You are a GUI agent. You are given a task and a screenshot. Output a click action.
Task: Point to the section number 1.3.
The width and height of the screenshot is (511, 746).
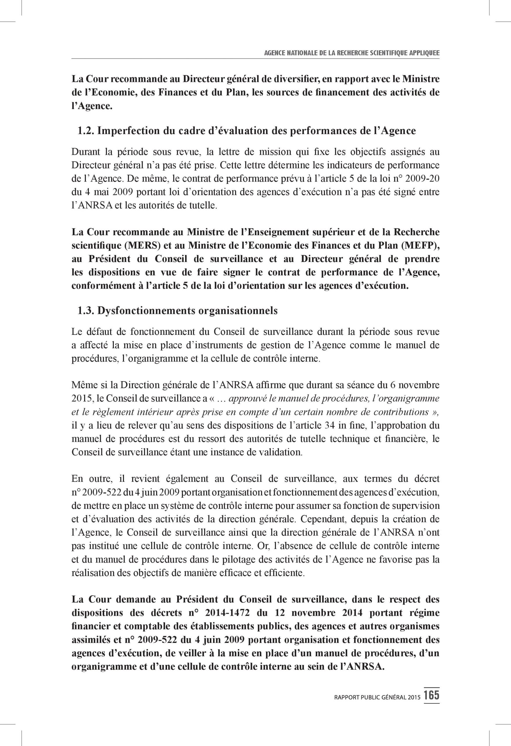[86, 311]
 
